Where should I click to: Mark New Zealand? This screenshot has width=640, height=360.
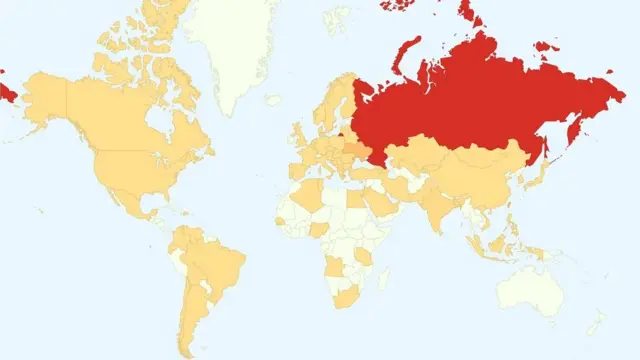(x=597, y=322)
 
